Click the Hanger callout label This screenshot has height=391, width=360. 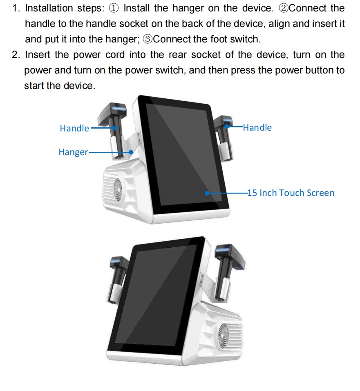[73, 152]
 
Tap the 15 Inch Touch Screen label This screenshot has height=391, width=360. [291, 193]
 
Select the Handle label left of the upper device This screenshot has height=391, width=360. [74, 128]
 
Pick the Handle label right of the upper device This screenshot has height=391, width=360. [257, 127]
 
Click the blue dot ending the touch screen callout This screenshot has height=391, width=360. [207, 193]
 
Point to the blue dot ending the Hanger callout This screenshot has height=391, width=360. [131, 152]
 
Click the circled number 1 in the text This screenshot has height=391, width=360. [114, 9]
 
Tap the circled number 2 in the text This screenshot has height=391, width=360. [283, 9]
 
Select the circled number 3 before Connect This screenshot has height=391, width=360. [148, 40]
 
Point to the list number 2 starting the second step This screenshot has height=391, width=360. [16, 55]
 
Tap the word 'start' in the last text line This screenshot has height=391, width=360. [34, 86]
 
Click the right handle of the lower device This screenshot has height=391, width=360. [228, 272]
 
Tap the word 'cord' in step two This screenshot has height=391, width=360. [115, 55]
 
